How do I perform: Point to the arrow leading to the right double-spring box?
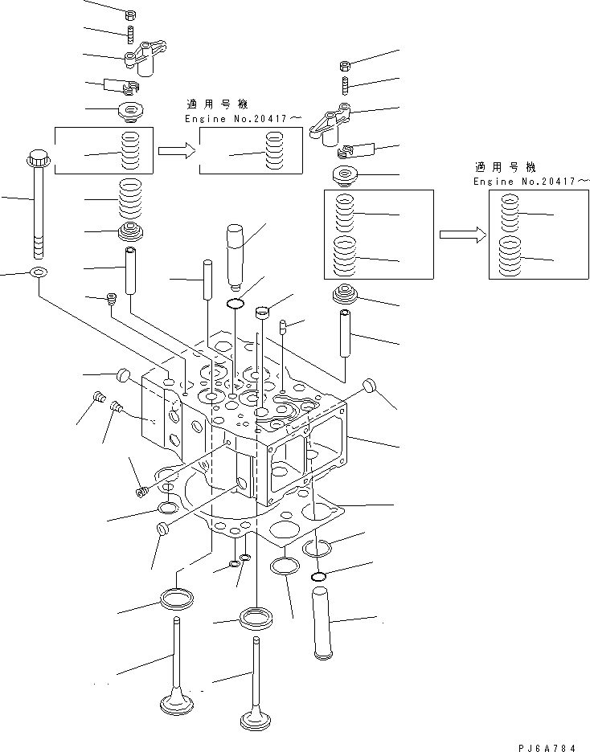pyautogui.click(x=462, y=235)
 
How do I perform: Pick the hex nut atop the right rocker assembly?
pyautogui.click(x=344, y=66)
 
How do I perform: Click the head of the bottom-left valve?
pyautogui.click(x=176, y=704)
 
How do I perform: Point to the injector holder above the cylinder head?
pyautogui.click(x=235, y=252)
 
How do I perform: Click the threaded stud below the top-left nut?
pyautogui.click(x=129, y=34)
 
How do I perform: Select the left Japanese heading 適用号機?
pyautogui.click(x=217, y=104)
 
